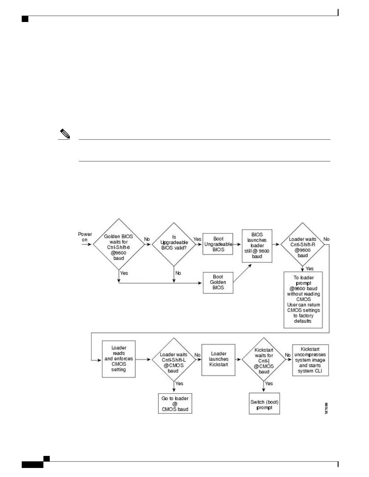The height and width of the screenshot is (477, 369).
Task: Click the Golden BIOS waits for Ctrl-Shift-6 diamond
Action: pos(118,244)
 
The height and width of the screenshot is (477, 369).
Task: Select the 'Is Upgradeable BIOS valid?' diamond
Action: pos(174,244)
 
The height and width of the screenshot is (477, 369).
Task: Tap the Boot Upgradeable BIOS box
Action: pos(218,244)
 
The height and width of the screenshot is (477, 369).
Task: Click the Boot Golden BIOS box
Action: pos(218,282)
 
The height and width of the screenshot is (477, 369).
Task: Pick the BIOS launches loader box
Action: pos(257,246)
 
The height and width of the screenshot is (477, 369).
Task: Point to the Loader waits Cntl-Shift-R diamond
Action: pos(302,245)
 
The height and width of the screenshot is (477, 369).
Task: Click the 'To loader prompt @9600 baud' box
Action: pos(303,300)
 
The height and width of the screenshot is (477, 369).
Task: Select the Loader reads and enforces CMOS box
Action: pos(118,359)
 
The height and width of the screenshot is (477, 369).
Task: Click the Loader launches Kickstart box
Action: pos(218,360)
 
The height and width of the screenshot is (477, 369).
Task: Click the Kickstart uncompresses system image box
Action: pos(310,360)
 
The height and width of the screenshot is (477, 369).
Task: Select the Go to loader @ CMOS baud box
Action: pos(175,404)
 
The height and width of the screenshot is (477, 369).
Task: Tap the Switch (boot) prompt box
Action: pos(264,404)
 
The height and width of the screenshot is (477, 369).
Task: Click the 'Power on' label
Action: pos(85,237)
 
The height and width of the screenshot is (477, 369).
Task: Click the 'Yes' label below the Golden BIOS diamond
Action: pos(124,273)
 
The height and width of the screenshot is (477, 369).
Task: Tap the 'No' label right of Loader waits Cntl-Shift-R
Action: pos(326,239)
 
